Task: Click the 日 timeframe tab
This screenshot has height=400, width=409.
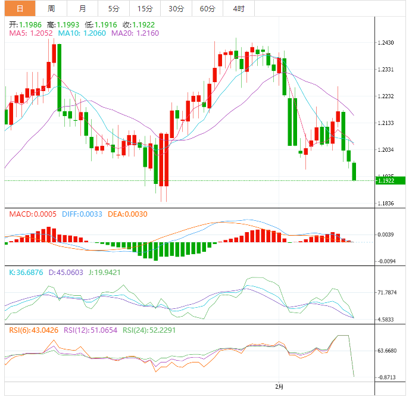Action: [x=20, y=8]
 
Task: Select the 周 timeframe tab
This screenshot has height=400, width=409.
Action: [x=51, y=8]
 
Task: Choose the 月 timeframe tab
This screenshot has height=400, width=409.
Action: [x=82, y=8]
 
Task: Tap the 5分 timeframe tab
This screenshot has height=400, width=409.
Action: [x=113, y=8]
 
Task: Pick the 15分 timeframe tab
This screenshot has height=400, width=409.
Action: [x=145, y=8]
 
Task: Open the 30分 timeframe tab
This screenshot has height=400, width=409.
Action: [x=176, y=8]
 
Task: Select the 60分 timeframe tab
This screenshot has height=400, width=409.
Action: [x=208, y=8]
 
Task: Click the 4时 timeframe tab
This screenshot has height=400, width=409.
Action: [x=239, y=8]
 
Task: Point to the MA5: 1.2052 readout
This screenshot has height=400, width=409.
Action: [x=31, y=33]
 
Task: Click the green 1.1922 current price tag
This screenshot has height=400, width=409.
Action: [x=390, y=180]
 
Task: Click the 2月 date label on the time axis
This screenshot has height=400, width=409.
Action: [x=279, y=386]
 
